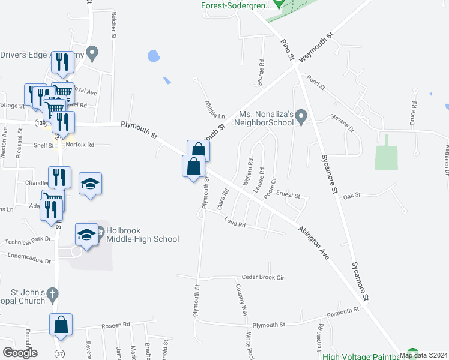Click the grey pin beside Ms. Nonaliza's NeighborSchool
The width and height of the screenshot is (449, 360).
tap(302, 115)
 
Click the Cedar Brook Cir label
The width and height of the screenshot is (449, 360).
tap(262, 278)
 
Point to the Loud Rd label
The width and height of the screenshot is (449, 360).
tap(235, 224)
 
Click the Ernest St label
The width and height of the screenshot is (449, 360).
tap(288, 195)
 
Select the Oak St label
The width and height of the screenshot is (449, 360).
tap(351, 196)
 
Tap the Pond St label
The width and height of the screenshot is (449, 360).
tap(315, 81)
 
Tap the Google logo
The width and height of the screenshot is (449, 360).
tap(20, 352)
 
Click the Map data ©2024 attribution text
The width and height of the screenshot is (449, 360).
tap(423, 355)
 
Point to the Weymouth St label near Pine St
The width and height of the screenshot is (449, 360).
tap(316, 47)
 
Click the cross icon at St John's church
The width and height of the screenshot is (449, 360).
tap(52, 295)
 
